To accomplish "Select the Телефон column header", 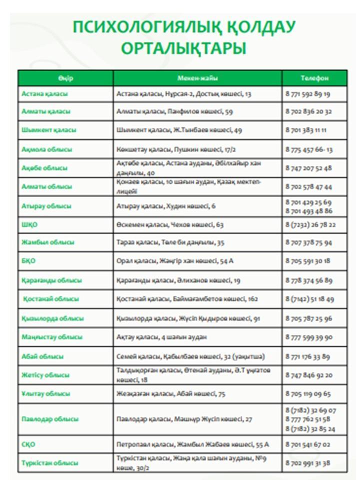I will (314, 78).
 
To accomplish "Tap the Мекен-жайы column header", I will (197, 78).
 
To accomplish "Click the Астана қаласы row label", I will (45, 93).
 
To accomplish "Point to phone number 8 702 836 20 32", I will (308, 111).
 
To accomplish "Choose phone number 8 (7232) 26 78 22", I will (310, 224).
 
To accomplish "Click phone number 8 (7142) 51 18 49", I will (309, 299).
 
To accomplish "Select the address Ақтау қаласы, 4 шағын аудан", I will (161, 337).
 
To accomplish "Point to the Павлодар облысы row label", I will (50, 418).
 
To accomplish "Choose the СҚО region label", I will (28, 444).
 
